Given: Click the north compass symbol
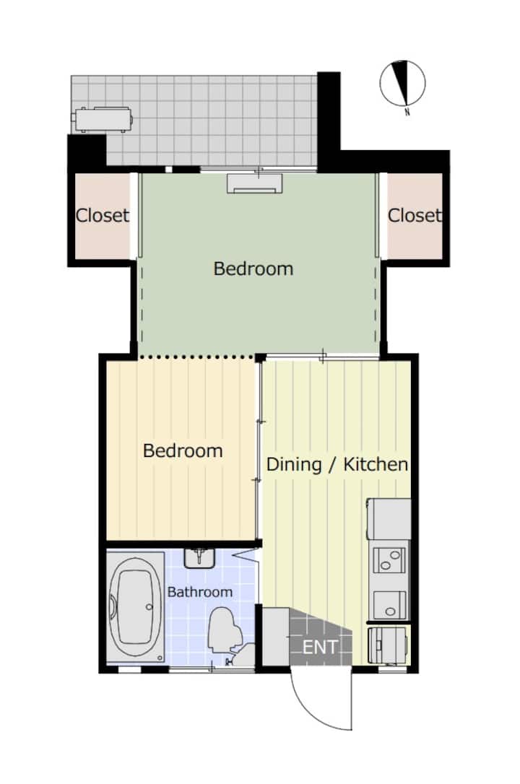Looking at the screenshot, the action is click(x=402, y=84).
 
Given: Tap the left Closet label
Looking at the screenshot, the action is click(x=103, y=216).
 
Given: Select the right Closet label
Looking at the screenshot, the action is click(x=415, y=216).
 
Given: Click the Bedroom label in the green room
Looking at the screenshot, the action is click(x=253, y=269).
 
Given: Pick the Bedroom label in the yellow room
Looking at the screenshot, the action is click(x=183, y=451).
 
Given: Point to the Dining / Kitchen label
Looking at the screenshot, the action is click(x=337, y=464).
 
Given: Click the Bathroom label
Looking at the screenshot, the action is click(x=200, y=592).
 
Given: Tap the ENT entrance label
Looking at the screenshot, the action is click(x=320, y=648).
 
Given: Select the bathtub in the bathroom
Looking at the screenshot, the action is click(x=136, y=608).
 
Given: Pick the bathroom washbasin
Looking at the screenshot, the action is click(x=199, y=558).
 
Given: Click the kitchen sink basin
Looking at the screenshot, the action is click(x=390, y=606).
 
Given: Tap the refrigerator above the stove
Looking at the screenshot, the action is click(x=389, y=518).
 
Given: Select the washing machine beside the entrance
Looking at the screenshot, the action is click(x=389, y=645).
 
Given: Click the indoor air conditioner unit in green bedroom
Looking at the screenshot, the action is click(x=255, y=183).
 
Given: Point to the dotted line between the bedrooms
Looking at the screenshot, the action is click(x=197, y=357).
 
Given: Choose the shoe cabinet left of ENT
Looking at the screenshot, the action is click(x=276, y=637).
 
